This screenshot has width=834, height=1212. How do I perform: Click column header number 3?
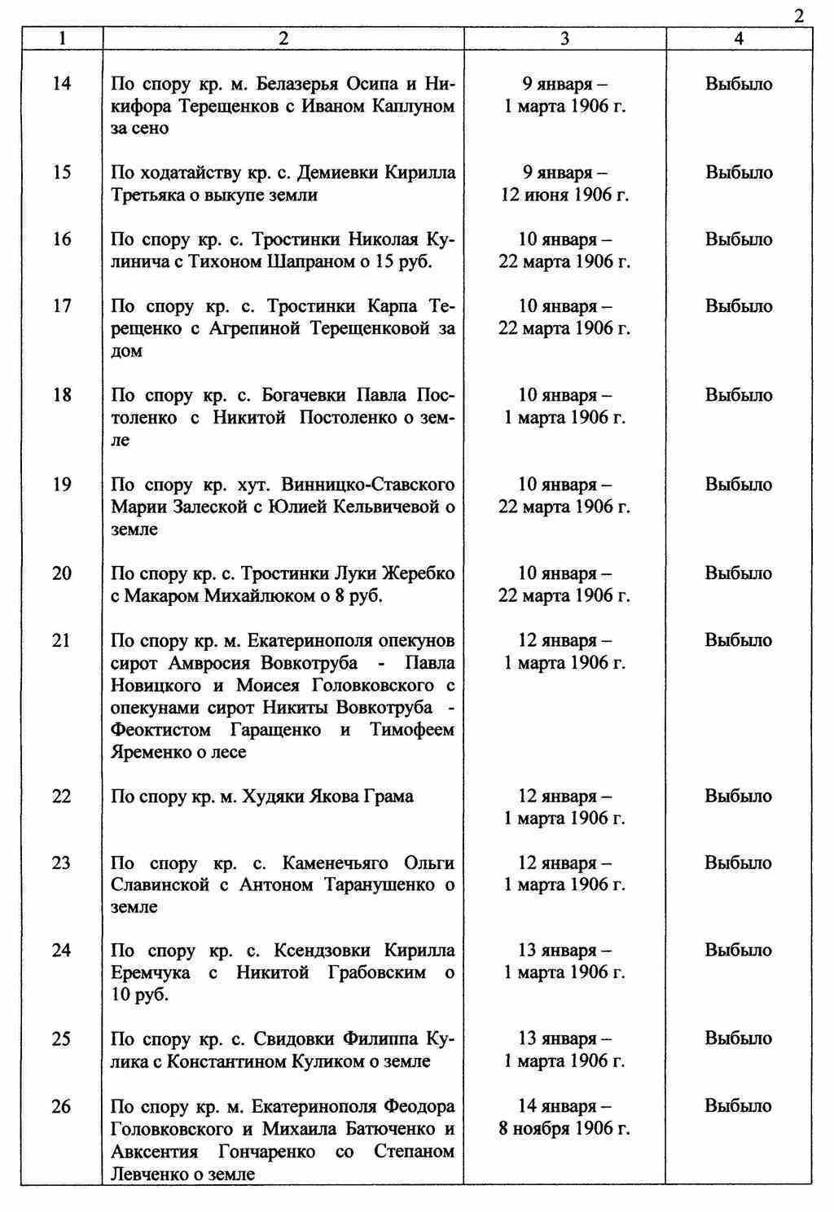(564, 38)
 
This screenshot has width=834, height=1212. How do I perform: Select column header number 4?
(738, 38)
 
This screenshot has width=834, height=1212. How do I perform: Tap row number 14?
(62, 84)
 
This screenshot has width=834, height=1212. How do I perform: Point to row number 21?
(62, 640)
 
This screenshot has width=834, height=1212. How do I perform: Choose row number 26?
(62, 1107)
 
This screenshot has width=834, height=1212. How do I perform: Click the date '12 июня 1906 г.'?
(564, 195)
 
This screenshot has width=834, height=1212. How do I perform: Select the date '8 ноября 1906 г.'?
(564, 1129)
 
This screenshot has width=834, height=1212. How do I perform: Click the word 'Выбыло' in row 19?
(739, 485)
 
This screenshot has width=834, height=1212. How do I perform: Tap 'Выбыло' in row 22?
(739, 797)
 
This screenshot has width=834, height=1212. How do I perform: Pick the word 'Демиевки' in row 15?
(336, 173)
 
